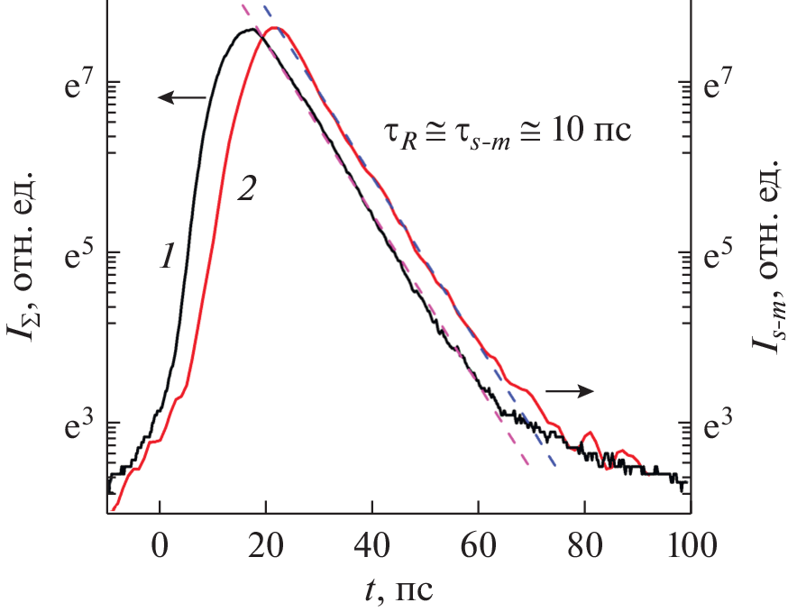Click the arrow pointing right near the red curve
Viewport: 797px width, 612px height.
click(572, 390)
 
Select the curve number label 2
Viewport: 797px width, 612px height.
click(246, 190)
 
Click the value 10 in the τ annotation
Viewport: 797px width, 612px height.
click(572, 132)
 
